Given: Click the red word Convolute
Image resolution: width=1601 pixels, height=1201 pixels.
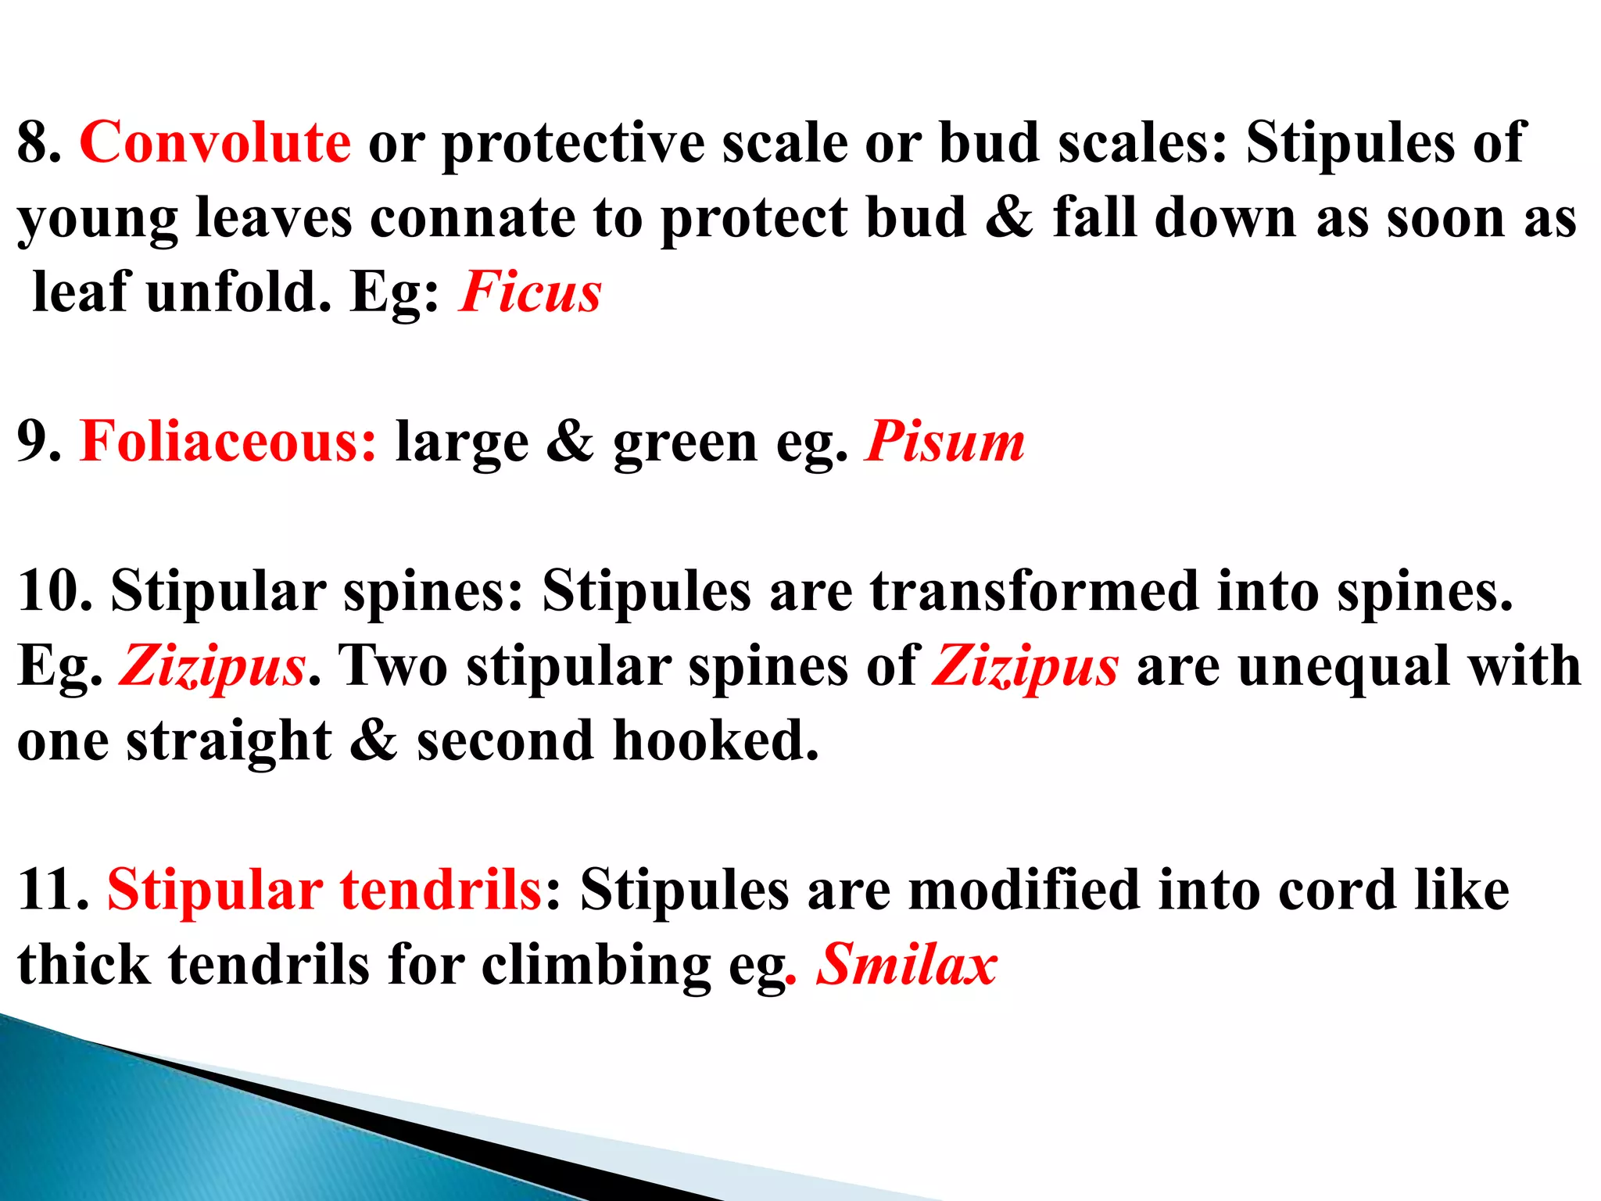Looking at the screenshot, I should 215,142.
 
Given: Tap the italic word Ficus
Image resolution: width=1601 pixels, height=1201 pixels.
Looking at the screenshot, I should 530,292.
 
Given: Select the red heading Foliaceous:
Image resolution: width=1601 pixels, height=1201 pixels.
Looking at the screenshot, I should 227,442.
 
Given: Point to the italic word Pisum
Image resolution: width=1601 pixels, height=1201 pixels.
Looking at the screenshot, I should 944,442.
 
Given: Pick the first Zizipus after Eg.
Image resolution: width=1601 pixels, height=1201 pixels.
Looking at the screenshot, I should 212,666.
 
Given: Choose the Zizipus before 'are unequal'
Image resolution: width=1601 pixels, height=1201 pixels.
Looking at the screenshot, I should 1026,666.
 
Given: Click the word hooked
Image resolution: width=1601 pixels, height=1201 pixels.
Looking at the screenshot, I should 715,740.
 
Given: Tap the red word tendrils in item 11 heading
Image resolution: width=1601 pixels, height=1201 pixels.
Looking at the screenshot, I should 441,890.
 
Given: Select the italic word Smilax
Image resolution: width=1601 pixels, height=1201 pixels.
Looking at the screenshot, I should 907,964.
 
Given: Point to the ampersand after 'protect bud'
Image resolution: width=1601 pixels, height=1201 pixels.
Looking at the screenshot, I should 1009,217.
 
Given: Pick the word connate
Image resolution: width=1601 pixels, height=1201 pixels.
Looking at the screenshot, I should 472,217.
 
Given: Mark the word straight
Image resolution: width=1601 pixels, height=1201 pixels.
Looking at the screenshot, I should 228,740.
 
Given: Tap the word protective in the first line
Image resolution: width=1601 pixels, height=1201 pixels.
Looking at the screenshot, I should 573,144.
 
